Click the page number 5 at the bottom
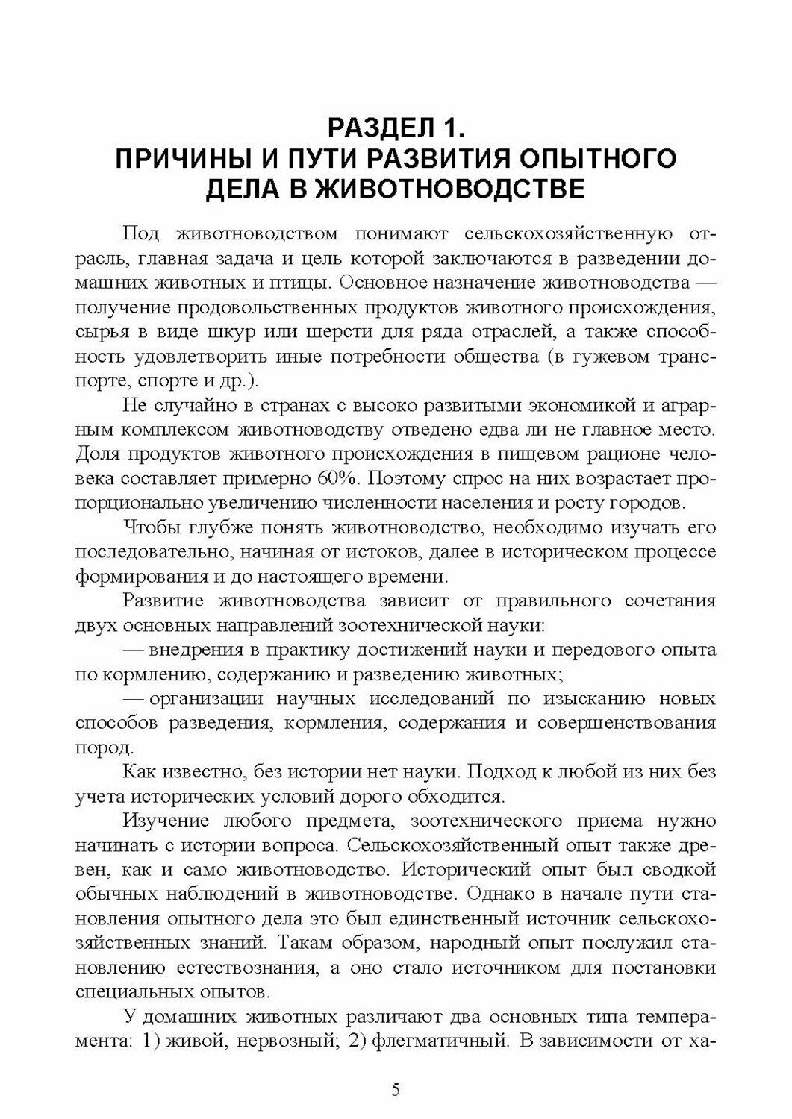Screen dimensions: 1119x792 coord(396,1089)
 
